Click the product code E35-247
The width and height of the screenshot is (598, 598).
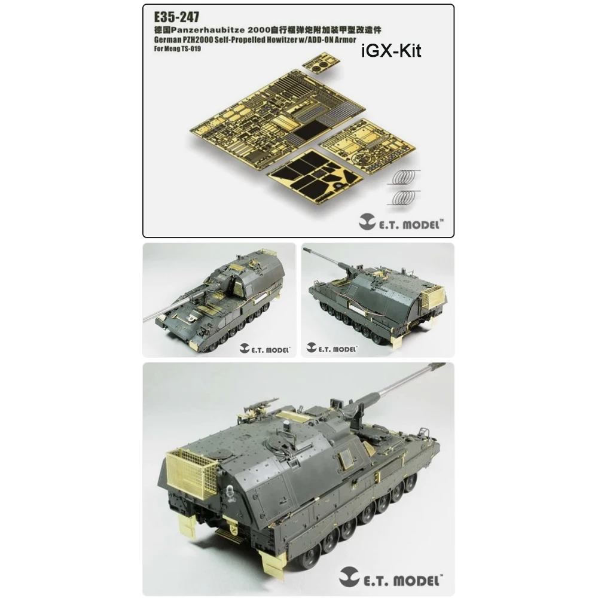point(176,17)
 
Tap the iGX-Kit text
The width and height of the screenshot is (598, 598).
point(391,51)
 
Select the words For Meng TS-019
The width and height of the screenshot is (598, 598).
point(178,49)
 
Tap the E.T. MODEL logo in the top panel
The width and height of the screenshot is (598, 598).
point(401,224)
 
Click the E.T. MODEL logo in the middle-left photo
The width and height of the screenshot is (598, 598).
point(265,349)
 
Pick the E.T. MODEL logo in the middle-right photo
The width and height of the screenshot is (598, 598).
point(332,348)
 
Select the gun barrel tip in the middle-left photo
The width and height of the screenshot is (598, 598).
point(146,319)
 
